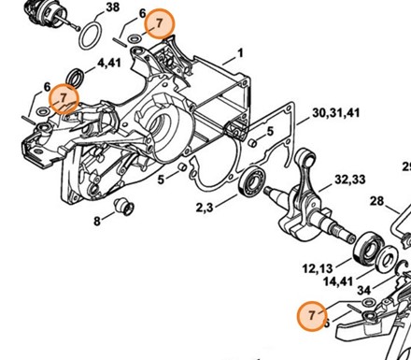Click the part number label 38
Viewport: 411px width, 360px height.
[x=112, y=7]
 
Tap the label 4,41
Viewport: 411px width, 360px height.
[x=109, y=63]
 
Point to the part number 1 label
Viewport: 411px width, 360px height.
[x=240, y=53]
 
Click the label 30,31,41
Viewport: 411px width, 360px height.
[x=335, y=113]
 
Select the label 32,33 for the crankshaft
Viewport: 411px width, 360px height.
[x=350, y=180]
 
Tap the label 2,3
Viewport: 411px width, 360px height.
[x=205, y=208]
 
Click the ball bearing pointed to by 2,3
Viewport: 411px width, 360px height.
[x=251, y=182]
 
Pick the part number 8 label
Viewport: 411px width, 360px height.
[x=97, y=222]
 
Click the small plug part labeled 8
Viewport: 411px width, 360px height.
[x=124, y=207]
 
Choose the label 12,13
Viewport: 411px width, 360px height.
[x=318, y=268]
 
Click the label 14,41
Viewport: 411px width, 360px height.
[x=338, y=281]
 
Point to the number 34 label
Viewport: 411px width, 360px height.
[x=364, y=291]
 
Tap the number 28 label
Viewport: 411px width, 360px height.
[x=376, y=201]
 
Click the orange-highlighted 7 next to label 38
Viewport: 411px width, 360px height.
[x=160, y=23]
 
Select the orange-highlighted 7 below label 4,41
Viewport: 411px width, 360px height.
[x=64, y=98]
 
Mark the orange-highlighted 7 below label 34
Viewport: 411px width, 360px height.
[x=312, y=315]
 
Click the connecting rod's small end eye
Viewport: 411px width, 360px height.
[x=308, y=158]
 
